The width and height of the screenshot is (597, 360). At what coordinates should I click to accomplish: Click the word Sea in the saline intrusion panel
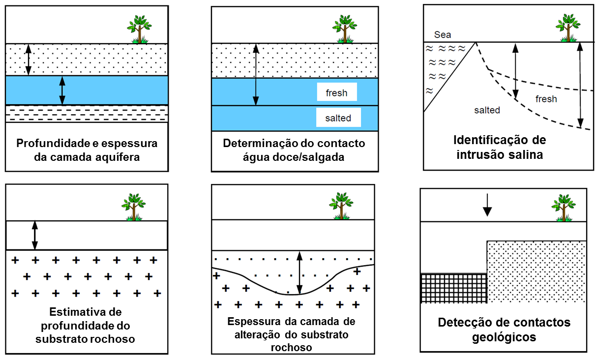click(443, 35)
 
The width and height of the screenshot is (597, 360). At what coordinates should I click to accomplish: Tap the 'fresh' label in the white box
click(336, 92)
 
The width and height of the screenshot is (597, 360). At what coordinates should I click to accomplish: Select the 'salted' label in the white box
click(338, 118)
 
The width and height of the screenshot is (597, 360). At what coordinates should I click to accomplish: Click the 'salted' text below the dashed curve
click(487, 110)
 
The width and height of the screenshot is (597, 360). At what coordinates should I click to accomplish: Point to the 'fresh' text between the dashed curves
click(546, 99)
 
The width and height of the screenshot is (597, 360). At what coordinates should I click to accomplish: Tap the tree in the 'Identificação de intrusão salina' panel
click(568, 28)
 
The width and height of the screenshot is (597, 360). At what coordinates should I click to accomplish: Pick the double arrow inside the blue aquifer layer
click(62, 90)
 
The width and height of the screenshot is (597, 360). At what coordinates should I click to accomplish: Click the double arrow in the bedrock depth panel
click(34, 235)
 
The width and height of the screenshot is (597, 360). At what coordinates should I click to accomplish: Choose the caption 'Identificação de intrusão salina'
click(499, 147)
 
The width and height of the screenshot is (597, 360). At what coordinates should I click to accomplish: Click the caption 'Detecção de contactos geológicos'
click(504, 330)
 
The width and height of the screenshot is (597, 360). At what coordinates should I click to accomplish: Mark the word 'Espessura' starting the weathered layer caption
click(251, 322)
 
